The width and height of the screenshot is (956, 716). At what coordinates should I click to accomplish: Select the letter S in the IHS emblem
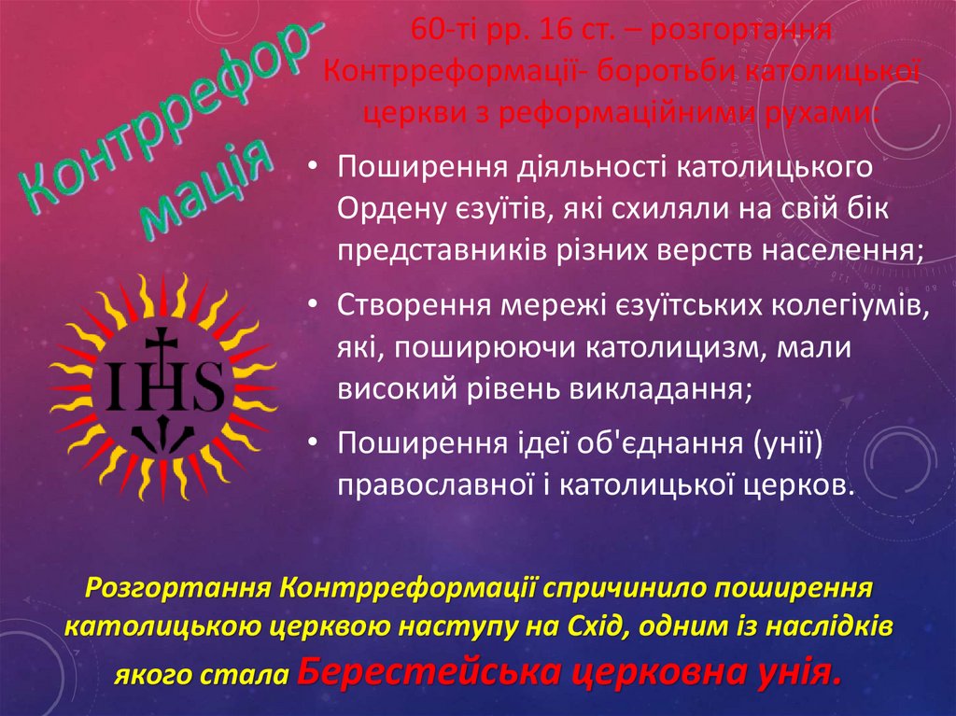(x=206, y=385)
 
